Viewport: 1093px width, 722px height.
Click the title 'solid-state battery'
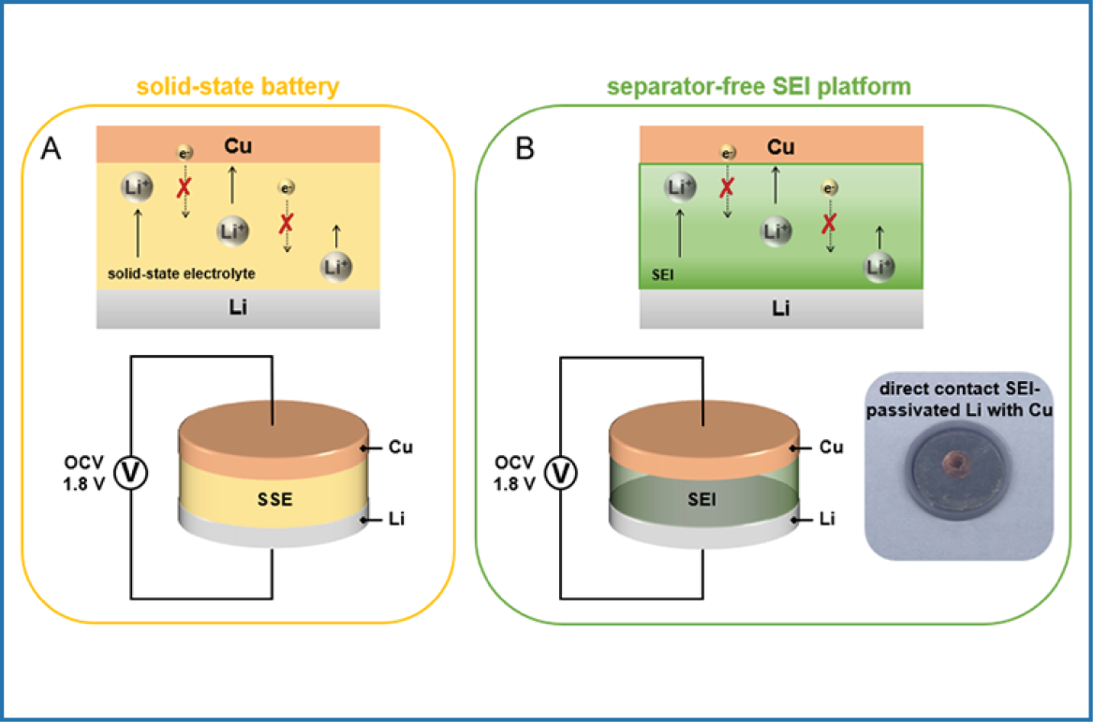click(x=237, y=87)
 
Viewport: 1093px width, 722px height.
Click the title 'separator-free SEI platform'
click(x=759, y=87)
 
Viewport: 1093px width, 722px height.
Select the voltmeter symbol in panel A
click(x=130, y=476)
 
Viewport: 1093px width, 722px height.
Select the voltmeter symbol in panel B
click(x=560, y=476)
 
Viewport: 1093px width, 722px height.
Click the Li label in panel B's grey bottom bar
click(x=780, y=308)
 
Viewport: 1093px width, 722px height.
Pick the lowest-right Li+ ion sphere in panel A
click(x=336, y=265)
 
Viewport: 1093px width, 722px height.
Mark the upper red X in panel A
click(x=185, y=187)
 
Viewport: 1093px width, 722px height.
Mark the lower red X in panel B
click(x=829, y=223)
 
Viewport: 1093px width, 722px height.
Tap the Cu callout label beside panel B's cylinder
click(x=830, y=447)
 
